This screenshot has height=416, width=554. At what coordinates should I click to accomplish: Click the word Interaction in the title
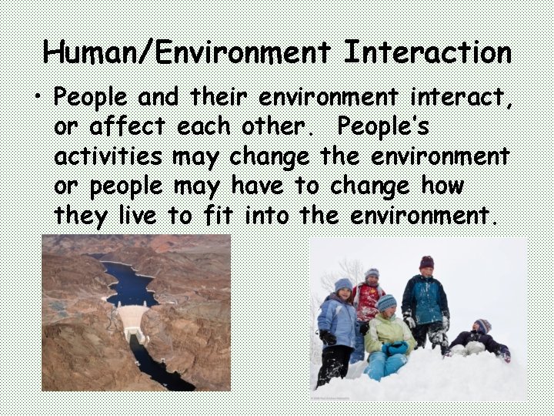click(x=427, y=52)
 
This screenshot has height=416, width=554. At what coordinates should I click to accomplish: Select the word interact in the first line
click(x=447, y=98)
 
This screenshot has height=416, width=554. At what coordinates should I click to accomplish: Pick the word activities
click(x=108, y=157)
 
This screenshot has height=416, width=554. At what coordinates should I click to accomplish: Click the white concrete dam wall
click(x=135, y=320)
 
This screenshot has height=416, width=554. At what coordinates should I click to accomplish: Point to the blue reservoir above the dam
click(x=131, y=285)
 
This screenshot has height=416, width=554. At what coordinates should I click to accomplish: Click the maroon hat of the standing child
click(x=426, y=262)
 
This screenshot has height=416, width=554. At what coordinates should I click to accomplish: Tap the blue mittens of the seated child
click(x=395, y=348)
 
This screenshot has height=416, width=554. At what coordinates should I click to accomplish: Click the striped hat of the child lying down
click(x=483, y=325)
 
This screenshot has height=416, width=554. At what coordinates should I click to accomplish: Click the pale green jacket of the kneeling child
click(x=389, y=331)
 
